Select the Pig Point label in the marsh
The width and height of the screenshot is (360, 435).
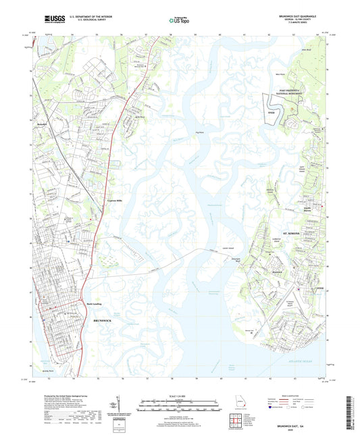click(199, 132)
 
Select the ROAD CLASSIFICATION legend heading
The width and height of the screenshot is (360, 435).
click(294, 396)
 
